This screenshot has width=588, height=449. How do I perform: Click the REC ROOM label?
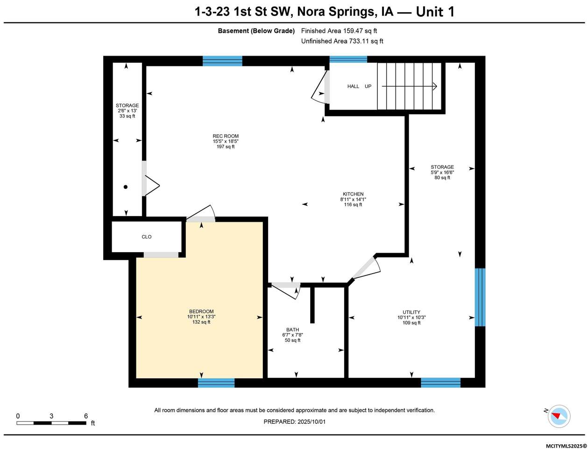point(225,136)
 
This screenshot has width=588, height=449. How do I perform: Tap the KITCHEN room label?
point(353,194)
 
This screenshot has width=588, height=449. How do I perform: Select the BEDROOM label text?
point(201,311)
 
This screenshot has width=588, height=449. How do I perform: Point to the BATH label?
point(292,330)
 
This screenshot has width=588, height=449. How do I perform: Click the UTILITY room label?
point(411,312)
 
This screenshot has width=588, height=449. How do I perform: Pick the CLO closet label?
point(147,237)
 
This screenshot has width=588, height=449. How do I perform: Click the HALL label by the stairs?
point(353,87)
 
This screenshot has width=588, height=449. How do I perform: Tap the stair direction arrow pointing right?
point(409,87)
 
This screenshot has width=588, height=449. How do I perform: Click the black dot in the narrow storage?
point(125,187)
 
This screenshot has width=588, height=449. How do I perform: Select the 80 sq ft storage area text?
point(442,178)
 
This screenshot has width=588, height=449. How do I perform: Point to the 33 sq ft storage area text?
point(127,116)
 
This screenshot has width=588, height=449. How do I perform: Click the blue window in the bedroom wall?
point(216,383)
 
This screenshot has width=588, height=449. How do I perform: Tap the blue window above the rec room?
point(222,61)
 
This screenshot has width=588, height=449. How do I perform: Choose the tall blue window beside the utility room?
point(480,297)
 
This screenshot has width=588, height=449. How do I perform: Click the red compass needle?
point(554,416)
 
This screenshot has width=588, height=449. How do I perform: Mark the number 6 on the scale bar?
point(86,416)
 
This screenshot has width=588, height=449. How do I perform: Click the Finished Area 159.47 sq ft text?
point(339,31)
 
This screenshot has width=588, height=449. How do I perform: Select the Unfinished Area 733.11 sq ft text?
point(342,41)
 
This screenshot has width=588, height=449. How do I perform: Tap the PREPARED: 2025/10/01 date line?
point(294,422)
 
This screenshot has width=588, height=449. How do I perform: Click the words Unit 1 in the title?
point(435,12)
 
